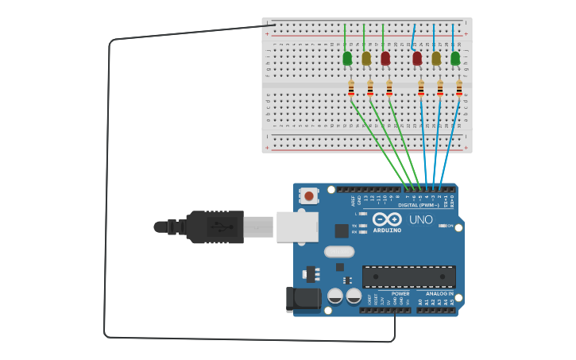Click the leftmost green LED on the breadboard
click(347, 58)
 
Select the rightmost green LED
click(455, 58)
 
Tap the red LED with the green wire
click(385, 58)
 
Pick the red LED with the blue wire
click(417, 58)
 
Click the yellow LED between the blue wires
click(436, 58)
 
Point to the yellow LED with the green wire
click(366, 58)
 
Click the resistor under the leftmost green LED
click(351, 88)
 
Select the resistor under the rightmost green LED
click(459, 88)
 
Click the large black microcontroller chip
click(408, 277)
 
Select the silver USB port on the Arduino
click(297, 226)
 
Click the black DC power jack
click(303, 300)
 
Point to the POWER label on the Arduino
click(400, 293)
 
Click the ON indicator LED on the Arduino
click(442, 226)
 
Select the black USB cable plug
click(215, 226)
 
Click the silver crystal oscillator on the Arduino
click(338, 251)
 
